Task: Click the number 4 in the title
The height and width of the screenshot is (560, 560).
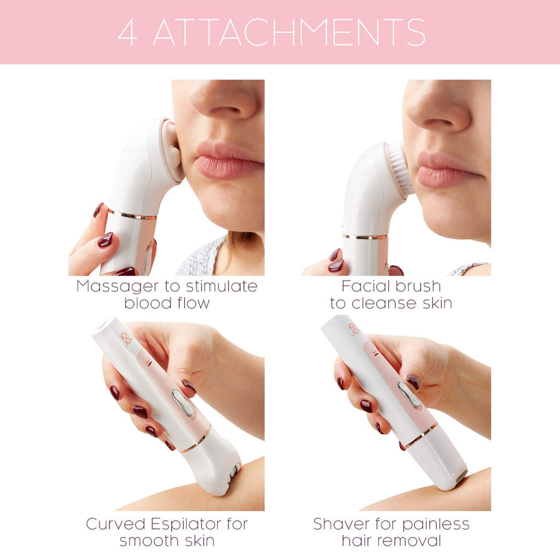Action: coord(127,32)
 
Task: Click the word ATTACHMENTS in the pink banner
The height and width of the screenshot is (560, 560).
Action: coord(289,32)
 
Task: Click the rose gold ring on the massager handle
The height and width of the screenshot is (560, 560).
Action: coord(132,215)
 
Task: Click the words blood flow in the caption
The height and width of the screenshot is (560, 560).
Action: coord(167,303)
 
